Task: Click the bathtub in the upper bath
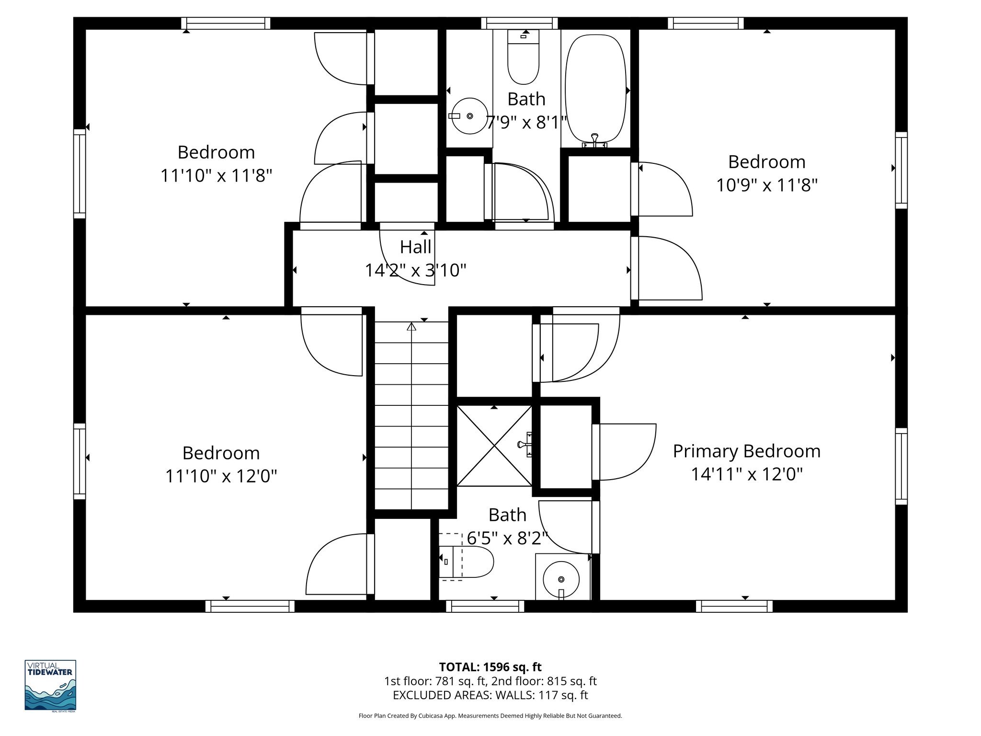595,89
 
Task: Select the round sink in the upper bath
469,116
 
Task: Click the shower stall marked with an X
494,445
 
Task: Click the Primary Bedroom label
746,451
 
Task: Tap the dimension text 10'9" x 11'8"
766,185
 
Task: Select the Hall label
415,247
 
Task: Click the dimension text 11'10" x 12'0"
221,476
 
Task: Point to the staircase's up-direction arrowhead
411,327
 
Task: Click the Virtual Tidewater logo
50,685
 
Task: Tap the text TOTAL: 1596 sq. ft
490,667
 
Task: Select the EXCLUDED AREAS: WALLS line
490,695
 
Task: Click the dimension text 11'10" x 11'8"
216,176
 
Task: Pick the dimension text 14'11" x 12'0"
746,474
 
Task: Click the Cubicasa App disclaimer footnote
490,716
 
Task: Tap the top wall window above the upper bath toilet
519,23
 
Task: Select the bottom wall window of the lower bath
485,607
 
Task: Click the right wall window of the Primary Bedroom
901,466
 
